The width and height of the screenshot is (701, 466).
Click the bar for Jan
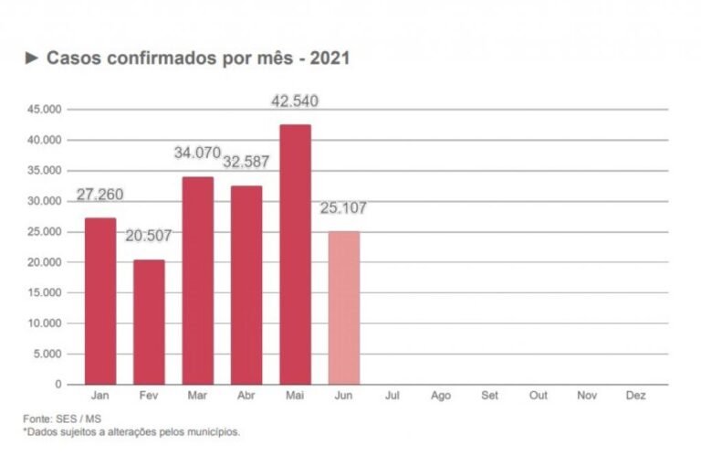(x=100, y=301)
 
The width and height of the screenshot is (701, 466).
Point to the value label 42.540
(x=295, y=101)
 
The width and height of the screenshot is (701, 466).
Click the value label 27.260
(x=100, y=195)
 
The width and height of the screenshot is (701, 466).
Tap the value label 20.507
(x=149, y=236)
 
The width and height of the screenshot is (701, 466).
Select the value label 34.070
(x=198, y=153)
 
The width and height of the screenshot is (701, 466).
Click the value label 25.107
(x=344, y=208)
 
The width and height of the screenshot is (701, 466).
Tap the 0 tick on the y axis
(x=58, y=385)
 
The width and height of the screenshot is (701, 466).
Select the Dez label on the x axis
(x=636, y=397)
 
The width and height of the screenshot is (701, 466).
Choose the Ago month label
(x=441, y=397)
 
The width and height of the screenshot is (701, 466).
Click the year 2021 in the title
(x=330, y=58)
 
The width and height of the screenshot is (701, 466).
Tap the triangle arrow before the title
(x=32, y=58)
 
